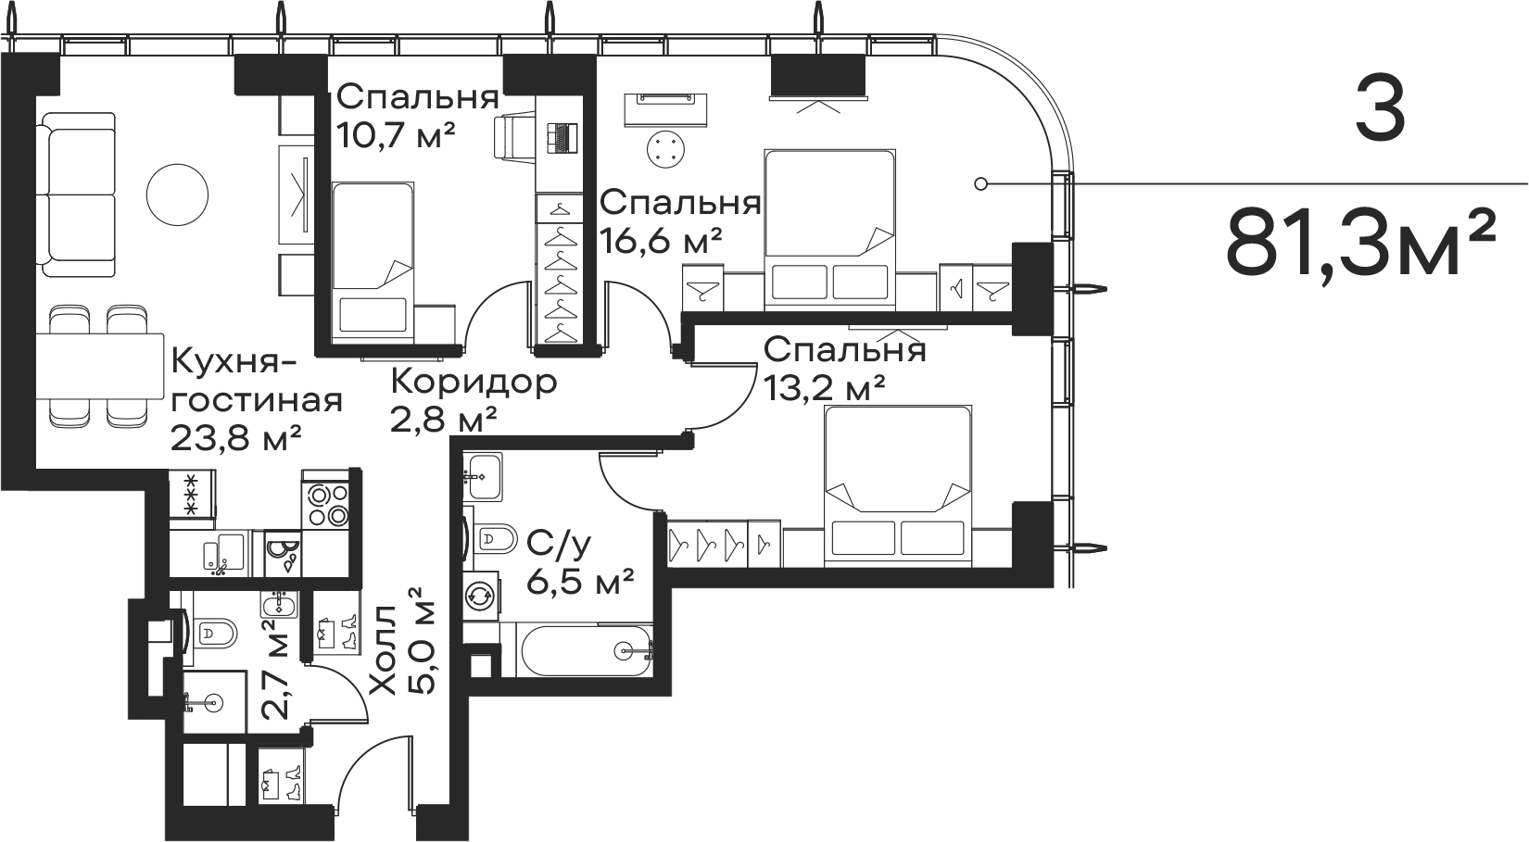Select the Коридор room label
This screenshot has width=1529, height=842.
pos(474,382)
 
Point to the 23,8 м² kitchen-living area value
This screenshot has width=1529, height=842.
pos(237,436)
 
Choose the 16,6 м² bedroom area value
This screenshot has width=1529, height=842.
pos(661,243)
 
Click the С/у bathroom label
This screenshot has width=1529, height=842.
pos(558,546)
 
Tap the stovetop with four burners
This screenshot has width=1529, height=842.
pos(326,505)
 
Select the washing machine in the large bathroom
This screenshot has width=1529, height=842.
pos(480,596)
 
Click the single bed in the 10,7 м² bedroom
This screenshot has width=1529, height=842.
pos(373,259)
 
